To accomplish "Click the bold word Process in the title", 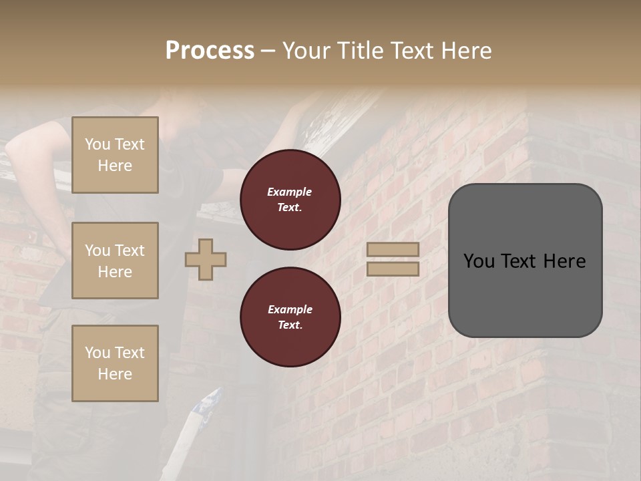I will point(210,51).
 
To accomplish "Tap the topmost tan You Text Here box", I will point(115,155).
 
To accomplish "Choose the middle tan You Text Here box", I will point(115,261).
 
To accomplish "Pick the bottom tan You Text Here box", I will point(115,363).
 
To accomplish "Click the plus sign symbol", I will point(206,259).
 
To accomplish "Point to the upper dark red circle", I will point(290,199).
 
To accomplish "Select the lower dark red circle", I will point(290,317).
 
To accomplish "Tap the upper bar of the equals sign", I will point(393,249).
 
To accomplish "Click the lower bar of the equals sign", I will point(393,269).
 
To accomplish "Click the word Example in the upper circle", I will point(290,192).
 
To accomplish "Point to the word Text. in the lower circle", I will point(290,325).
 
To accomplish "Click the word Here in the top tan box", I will point(115,166).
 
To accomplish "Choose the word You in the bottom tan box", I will point(97,353).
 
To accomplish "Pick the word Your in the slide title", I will point(306,51).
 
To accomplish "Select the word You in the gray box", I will point(479,261).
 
